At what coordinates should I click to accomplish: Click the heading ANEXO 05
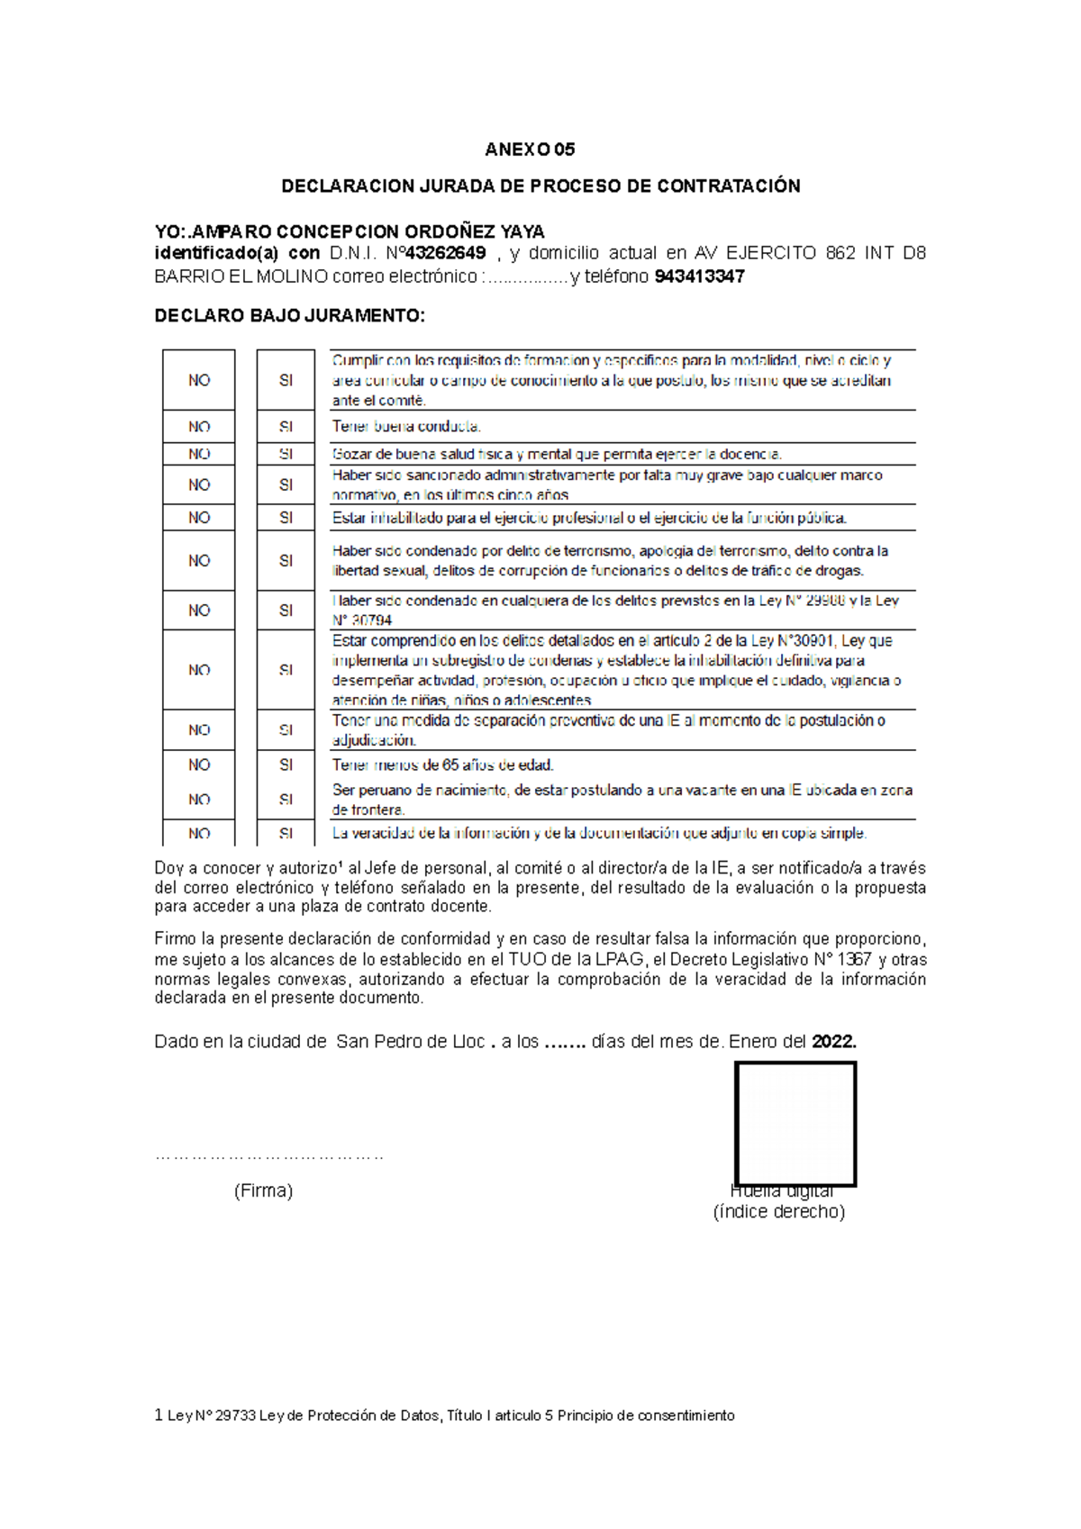pyautogui.click(x=530, y=149)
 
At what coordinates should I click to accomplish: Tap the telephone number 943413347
pyautogui.click(x=699, y=276)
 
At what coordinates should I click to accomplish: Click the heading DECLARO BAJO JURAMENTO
pyautogui.click(x=289, y=316)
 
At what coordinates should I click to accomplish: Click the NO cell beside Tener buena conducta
pyautogui.click(x=199, y=427)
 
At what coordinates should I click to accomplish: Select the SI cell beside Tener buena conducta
pyautogui.click(x=286, y=427)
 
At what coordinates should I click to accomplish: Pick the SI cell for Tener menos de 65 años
pyautogui.click(x=286, y=764)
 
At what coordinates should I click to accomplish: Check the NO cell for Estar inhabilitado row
pyautogui.click(x=199, y=518)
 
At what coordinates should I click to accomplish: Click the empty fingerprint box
pyautogui.click(x=795, y=1123)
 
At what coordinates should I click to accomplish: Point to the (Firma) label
pyautogui.click(x=263, y=1190)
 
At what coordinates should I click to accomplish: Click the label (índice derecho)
pyautogui.click(x=778, y=1212)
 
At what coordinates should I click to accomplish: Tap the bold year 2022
pyautogui.click(x=833, y=1042)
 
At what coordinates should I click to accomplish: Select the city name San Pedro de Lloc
pyautogui.click(x=410, y=1042)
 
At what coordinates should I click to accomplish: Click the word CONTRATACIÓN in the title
pyautogui.click(x=728, y=186)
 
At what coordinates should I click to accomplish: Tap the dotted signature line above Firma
pyautogui.click(x=269, y=1156)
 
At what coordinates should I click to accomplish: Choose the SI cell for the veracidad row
pyautogui.click(x=286, y=833)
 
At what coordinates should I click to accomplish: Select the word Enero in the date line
pyautogui.click(x=753, y=1042)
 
